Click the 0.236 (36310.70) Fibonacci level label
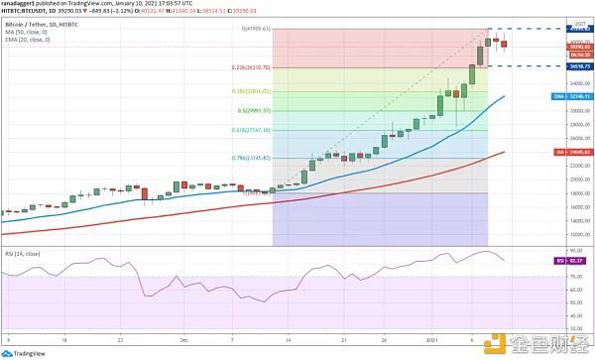coord(252,67)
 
